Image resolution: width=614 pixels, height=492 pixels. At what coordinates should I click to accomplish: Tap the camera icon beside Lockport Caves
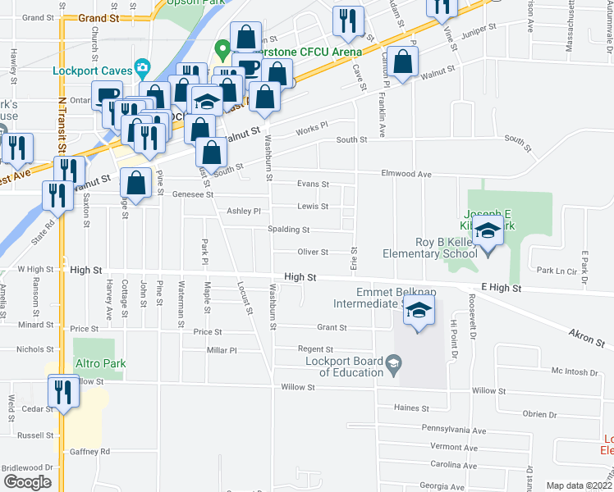click(x=143, y=66)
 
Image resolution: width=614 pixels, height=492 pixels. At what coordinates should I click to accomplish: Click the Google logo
click(x=27, y=482)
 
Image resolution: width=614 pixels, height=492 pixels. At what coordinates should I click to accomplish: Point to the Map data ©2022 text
click(x=579, y=485)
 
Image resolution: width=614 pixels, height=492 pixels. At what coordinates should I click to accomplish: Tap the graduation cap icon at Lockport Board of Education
click(x=394, y=362)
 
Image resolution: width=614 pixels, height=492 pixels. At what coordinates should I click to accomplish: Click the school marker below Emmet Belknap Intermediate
click(x=419, y=312)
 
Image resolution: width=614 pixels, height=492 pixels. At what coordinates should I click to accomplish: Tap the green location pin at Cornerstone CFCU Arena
click(x=221, y=50)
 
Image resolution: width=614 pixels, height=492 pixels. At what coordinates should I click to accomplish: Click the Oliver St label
click(x=313, y=253)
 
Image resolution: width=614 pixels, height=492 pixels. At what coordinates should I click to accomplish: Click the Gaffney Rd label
click(x=89, y=451)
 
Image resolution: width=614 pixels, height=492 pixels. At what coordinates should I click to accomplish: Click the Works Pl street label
click(x=312, y=125)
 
